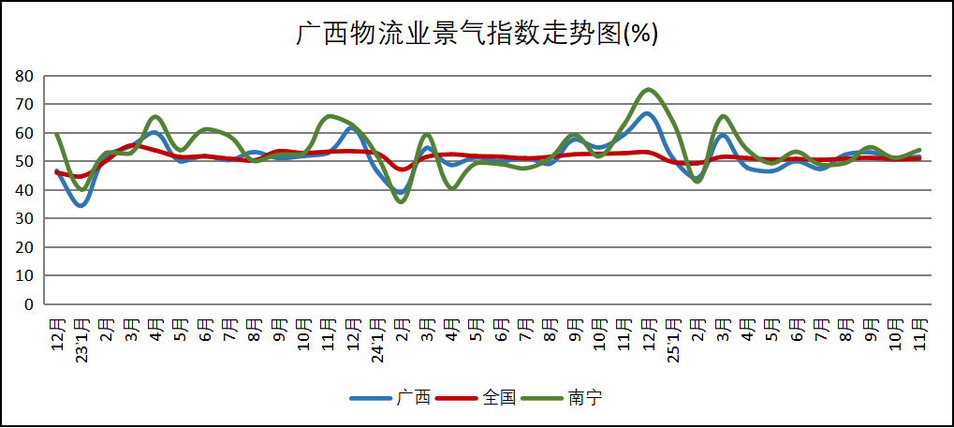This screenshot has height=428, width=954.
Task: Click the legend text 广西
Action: point(413,398)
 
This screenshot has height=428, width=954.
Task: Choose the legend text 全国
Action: point(499,398)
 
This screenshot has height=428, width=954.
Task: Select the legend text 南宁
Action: point(585,398)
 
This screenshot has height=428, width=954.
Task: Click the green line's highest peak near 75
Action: point(649,90)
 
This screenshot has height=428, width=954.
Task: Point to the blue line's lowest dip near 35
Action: point(81,205)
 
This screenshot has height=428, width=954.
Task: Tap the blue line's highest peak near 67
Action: point(647,113)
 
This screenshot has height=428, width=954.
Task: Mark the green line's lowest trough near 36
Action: point(402,201)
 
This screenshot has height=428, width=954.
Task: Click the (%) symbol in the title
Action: point(641,34)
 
